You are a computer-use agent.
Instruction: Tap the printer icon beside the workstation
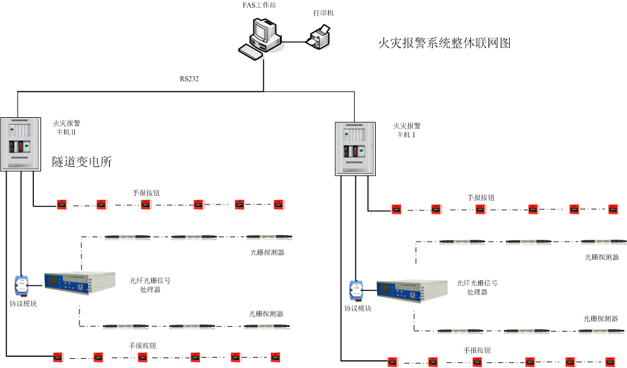[x=319, y=36]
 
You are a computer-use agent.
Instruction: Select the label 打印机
[x=324, y=12]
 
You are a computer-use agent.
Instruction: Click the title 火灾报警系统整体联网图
[x=445, y=44]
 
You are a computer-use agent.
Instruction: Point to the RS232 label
[x=189, y=79]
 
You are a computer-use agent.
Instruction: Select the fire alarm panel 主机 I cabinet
[x=355, y=148]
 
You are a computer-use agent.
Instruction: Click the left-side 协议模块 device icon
[x=23, y=285]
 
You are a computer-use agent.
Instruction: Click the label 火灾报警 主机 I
[x=408, y=130]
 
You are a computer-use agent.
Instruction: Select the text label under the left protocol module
[x=23, y=304]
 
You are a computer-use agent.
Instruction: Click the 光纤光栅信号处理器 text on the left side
[x=150, y=285]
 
